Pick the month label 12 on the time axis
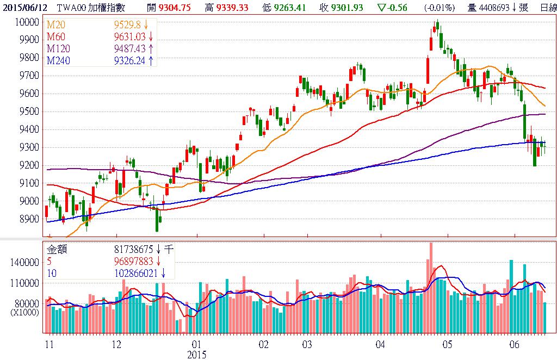click(115, 345)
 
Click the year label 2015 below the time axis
click(197, 355)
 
